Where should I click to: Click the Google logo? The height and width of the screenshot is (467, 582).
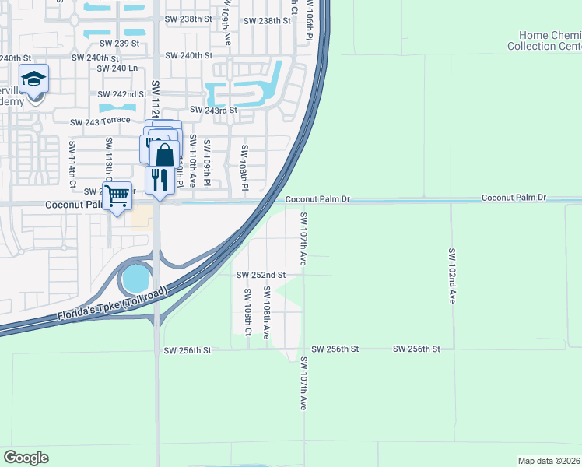point(26,457)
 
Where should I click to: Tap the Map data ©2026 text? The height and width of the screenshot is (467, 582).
point(549,461)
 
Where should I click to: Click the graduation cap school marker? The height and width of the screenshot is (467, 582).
point(34,79)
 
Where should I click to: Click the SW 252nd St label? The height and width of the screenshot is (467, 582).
point(261,275)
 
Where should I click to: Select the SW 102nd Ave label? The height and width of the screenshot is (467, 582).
point(452,276)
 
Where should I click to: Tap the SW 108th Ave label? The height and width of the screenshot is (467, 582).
point(266,311)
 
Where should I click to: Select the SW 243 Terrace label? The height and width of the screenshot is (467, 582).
point(100,122)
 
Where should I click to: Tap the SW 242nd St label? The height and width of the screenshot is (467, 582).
point(122,94)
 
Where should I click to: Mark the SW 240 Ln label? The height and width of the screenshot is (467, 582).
point(117,68)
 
